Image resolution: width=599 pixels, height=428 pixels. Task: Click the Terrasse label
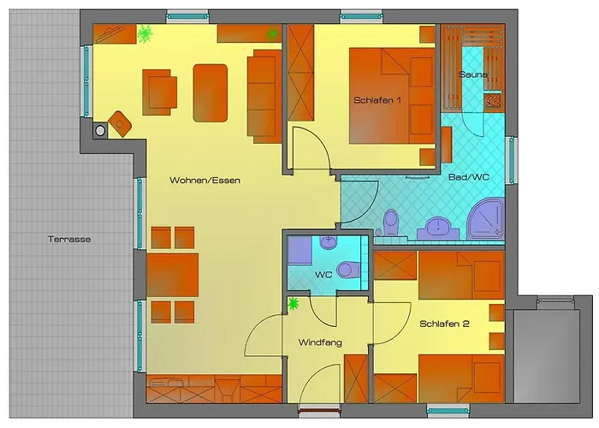69,240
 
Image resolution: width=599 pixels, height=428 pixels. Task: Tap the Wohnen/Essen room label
205,181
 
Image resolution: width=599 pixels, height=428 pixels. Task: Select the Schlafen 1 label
377,100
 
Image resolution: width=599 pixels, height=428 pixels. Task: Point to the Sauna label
473,74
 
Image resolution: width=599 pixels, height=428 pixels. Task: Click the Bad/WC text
469,177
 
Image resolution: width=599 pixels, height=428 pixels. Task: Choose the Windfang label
320,342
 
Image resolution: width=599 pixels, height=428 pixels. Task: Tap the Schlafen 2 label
444,324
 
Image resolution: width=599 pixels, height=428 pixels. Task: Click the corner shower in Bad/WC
486,219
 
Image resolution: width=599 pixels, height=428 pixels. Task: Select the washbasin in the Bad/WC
438,229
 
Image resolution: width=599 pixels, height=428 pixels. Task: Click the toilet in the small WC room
349,269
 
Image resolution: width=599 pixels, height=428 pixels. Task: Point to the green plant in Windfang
293,303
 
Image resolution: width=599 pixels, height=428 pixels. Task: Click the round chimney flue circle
100,131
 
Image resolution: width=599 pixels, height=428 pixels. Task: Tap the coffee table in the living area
211,93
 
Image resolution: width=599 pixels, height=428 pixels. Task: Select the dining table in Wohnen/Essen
173,275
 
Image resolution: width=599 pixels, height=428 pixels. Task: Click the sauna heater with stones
492,101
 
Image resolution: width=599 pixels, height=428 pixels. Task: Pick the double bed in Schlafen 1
392,96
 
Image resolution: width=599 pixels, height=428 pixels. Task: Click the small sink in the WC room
328,242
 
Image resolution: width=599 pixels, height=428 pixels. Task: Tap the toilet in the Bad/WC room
391,222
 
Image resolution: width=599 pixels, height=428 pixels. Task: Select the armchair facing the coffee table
160,92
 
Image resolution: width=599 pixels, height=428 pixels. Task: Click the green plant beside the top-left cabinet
145,33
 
